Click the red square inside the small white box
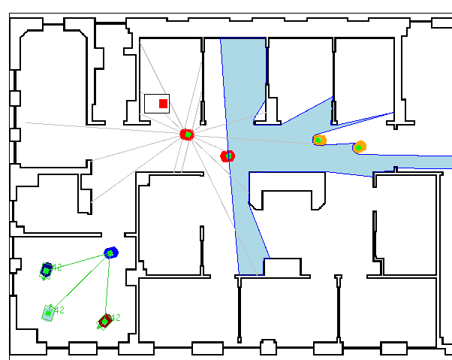point(163,104)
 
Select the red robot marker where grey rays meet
point(187,135)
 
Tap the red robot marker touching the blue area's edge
point(228,156)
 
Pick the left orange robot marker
point(319,140)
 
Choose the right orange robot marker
point(359,147)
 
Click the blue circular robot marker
point(111,253)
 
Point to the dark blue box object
point(47,269)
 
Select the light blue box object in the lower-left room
point(48,313)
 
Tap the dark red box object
point(104,322)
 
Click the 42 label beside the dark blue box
point(57,267)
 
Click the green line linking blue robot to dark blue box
point(79,261)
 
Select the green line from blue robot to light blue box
point(80,282)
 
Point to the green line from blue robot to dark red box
point(108,286)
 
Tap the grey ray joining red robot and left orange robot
point(255,138)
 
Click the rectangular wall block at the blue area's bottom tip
point(282,268)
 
